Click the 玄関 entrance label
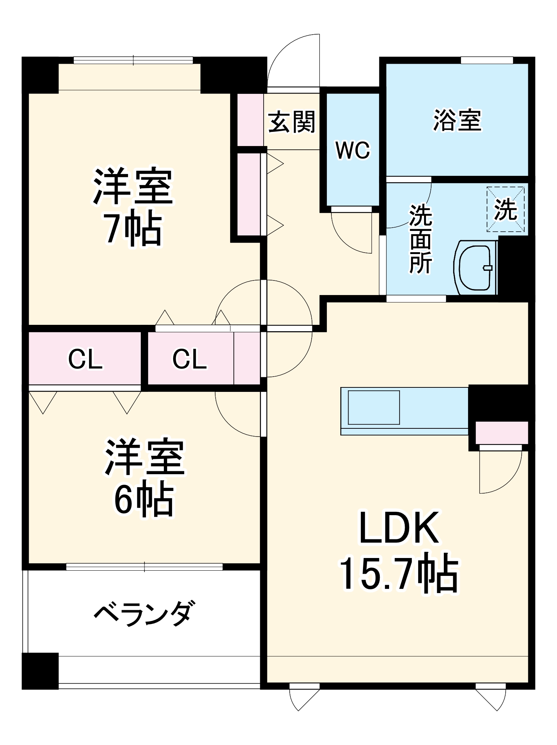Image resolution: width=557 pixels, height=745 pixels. (292, 122)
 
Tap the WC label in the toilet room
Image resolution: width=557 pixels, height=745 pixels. (353, 150)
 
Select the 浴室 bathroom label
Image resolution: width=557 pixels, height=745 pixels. (457, 120)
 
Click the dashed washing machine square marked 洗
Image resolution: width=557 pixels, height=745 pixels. (505, 209)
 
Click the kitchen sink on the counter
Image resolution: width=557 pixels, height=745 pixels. (373, 408)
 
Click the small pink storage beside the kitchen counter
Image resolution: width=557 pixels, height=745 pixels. (502, 432)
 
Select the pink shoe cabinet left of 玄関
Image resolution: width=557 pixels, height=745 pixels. (250, 120)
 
